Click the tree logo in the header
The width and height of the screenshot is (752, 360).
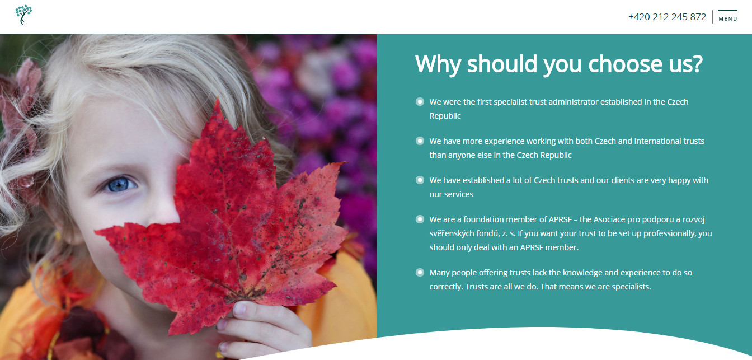(23, 15)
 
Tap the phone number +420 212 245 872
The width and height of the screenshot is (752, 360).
(667, 17)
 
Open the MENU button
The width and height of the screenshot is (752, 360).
(728, 16)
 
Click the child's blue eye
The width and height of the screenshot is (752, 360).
(119, 185)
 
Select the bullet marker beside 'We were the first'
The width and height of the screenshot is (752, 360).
(420, 101)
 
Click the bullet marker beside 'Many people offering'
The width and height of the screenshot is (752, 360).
(420, 272)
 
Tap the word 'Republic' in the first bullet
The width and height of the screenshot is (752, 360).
(445, 116)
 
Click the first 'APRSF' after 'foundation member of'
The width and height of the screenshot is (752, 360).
(560, 219)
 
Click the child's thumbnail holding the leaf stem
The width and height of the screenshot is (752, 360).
(239, 308)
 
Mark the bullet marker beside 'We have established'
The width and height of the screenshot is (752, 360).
(420, 180)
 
